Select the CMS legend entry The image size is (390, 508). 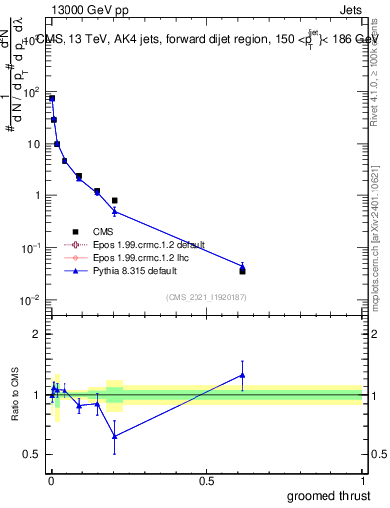(104, 232)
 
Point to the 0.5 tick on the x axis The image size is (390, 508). (206, 482)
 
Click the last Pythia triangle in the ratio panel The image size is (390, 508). (242, 375)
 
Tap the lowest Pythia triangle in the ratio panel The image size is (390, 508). (115, 436)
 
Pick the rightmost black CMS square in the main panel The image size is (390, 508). (242, 270)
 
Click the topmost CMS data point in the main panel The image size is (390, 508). (51, 99)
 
